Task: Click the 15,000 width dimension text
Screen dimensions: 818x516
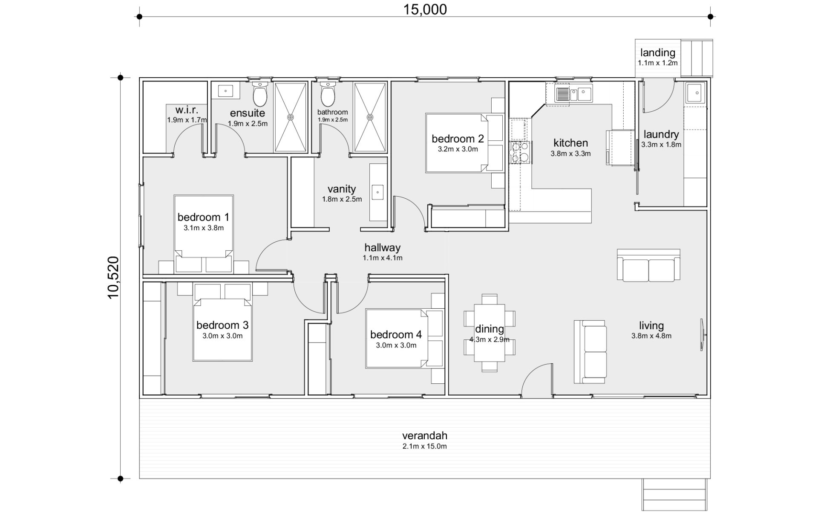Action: [425, 9]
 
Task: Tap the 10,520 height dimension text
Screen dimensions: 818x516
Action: [113, 278]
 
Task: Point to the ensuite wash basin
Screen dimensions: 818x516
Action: [225, 91]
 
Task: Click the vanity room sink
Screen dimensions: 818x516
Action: [377, 192]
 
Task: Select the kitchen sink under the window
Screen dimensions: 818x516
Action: [573, 94]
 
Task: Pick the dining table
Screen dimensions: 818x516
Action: [490, 333]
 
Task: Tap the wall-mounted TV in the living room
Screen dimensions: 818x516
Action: [702, 335]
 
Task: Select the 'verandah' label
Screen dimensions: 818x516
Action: [425, 435]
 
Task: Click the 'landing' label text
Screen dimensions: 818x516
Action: [658, 52]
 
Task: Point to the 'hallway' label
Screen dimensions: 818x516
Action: [383, 247]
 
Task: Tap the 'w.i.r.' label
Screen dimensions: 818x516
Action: [187, 110]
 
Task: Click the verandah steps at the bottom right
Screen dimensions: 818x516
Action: [674, 494]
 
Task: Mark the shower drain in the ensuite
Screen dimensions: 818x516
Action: [291, 117]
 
